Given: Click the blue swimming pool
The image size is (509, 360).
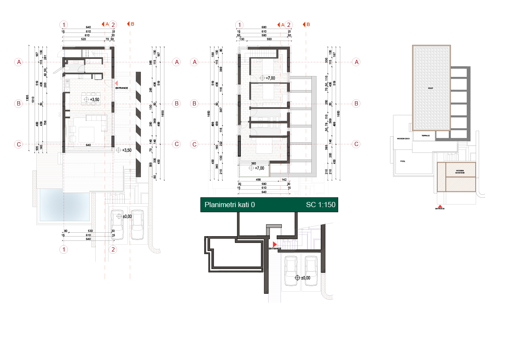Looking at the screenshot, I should pyautogui.click(x=65, y=205).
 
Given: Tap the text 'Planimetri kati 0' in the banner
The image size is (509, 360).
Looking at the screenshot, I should pyautogui.click(x=230, y=205).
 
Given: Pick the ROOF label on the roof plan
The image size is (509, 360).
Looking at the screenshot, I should pyautogui.click(x=431, y=88).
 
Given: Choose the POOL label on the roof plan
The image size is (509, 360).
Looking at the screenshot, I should pyautogui.click(x=403, y=162).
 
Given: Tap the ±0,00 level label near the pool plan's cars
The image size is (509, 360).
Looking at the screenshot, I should pyautogui.click(x=126, y=217).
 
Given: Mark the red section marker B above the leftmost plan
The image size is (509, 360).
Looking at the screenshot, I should pyautogui.click(x=131, y=24).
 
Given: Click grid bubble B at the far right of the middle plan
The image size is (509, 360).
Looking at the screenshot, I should pyautogui.click(x=356, y=103).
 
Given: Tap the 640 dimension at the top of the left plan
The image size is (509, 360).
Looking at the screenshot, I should pyautogui.click(x=88, y=28).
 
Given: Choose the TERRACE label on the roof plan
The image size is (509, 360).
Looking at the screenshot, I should pyautogui.click(x=425, y=135).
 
